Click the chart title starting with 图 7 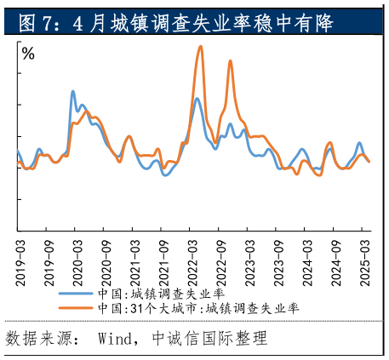(x=175, y=20)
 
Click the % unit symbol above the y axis (x=28, y=54)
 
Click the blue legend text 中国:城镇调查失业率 (x=161, y=293)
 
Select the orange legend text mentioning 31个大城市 (x=197, y=307)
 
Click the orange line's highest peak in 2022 (x=201, y=46)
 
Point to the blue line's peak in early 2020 (x=72, y=91)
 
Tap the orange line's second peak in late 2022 (x=230, y=60)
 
